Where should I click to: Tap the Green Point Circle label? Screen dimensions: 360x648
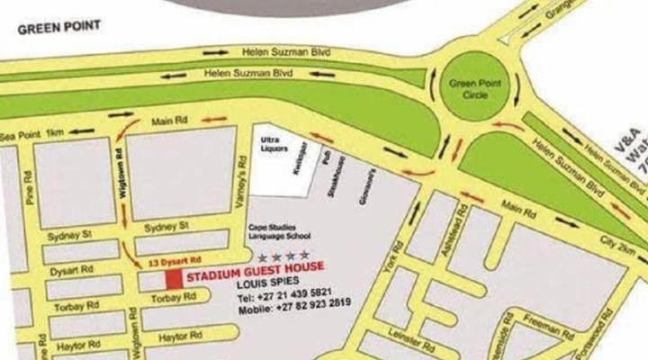[x=474, y=88]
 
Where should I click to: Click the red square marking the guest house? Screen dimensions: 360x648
[x=172, y=279]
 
